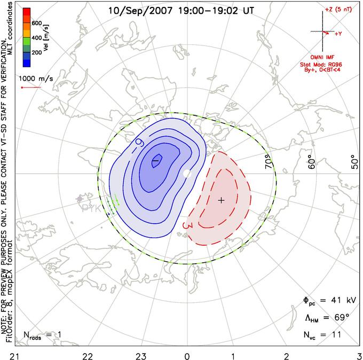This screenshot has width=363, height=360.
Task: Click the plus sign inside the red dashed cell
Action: (x=222, y=200)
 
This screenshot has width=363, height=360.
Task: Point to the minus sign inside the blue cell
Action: (x=156, y=160)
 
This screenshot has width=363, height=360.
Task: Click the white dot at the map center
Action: (x=187, y=174)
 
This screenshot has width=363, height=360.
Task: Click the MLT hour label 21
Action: (x=7, y=355)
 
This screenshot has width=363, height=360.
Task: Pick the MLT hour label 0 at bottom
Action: (x=187, y=355)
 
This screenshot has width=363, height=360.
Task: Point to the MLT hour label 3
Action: (x=359, y=355)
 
